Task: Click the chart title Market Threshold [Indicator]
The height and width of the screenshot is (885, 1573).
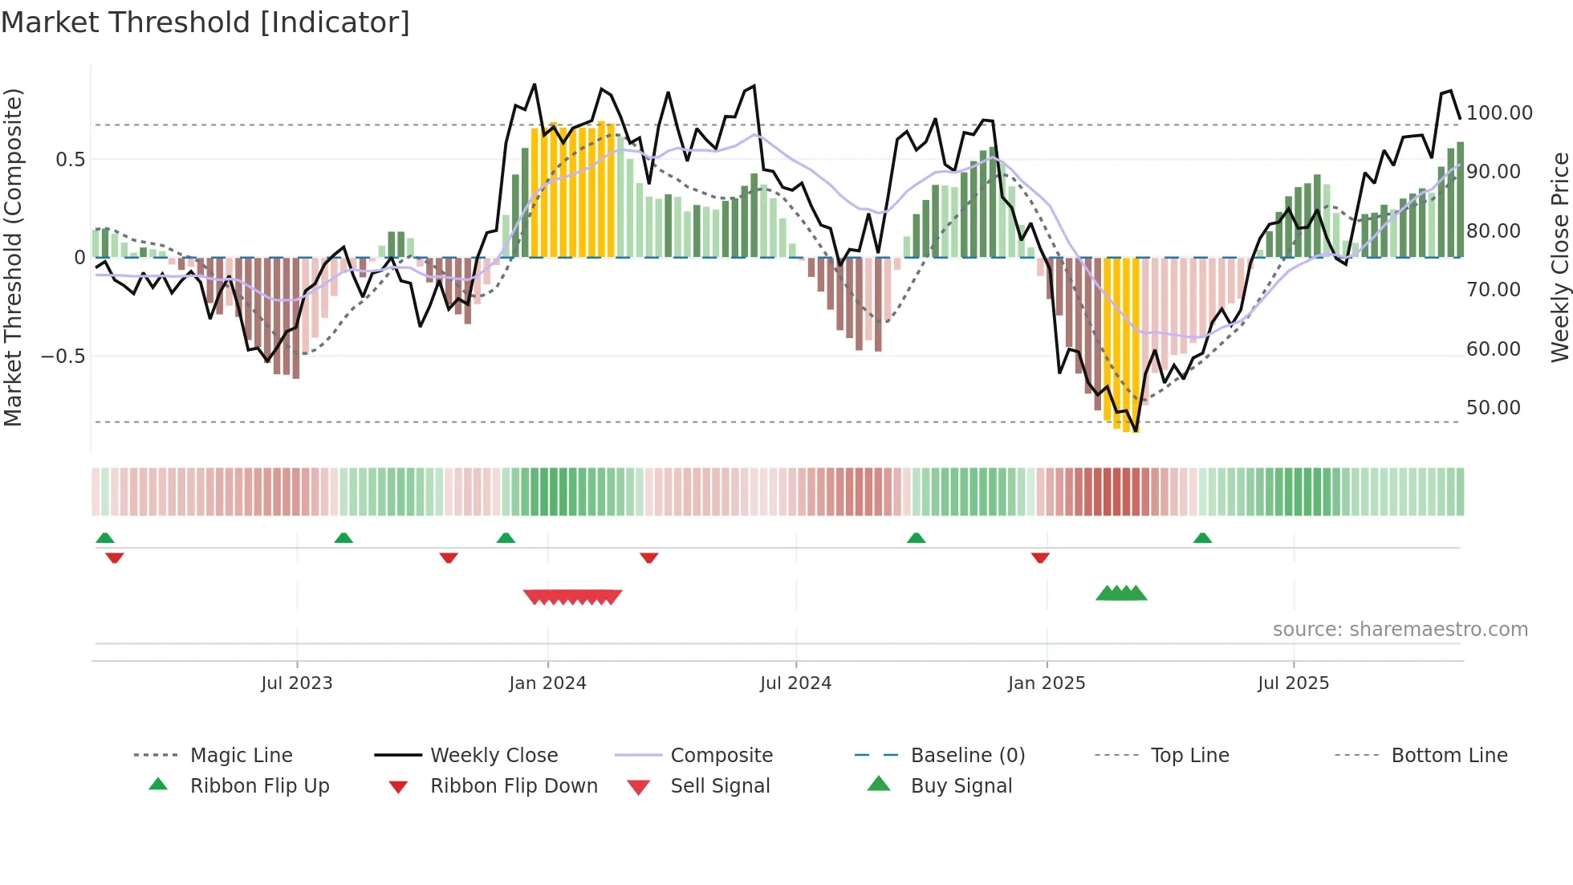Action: point(205,22)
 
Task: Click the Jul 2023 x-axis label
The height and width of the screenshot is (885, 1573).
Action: point(296,683)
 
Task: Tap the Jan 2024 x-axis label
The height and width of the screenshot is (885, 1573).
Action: point(547,683)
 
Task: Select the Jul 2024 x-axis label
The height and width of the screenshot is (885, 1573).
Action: point(795,683)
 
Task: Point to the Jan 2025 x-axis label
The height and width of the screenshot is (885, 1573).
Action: point(1047,683)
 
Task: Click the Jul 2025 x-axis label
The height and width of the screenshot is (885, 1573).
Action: point(1293,683)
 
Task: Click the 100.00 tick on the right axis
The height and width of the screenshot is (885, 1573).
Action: point(1499,113)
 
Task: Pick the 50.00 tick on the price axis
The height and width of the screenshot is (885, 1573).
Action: point(1493,408)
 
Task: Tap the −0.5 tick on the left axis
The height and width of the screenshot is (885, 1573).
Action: point(63,356)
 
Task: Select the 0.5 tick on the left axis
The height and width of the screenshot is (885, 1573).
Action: point(70,160)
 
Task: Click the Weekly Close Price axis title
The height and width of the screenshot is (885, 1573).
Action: point(1559,257)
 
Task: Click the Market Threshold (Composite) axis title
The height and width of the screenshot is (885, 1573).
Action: point(13,257)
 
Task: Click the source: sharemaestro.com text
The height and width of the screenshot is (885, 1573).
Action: point(1400,630)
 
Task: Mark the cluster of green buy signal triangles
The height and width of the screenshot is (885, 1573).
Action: point(1121,593)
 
